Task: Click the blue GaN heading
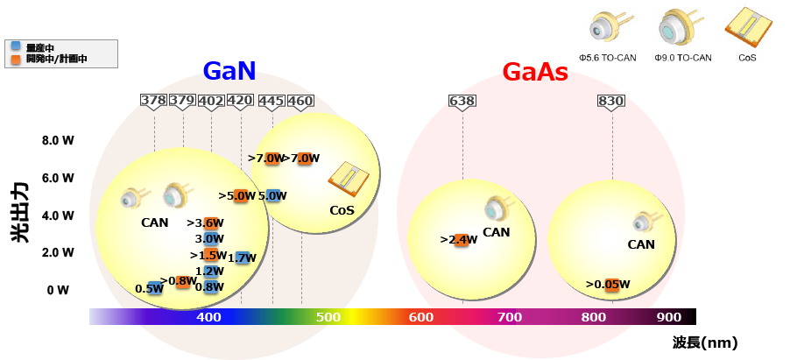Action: coord(229,71)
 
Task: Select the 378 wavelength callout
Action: coord(153,101)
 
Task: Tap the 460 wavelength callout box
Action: coord(300,101)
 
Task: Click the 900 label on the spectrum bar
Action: coord(668,317)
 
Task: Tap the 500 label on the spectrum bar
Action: coord(328,317)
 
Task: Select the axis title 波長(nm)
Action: coord(705,342)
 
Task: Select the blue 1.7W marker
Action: coord(243,258)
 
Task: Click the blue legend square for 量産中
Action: coord(15,46)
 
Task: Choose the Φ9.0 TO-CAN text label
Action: coord(682,58)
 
